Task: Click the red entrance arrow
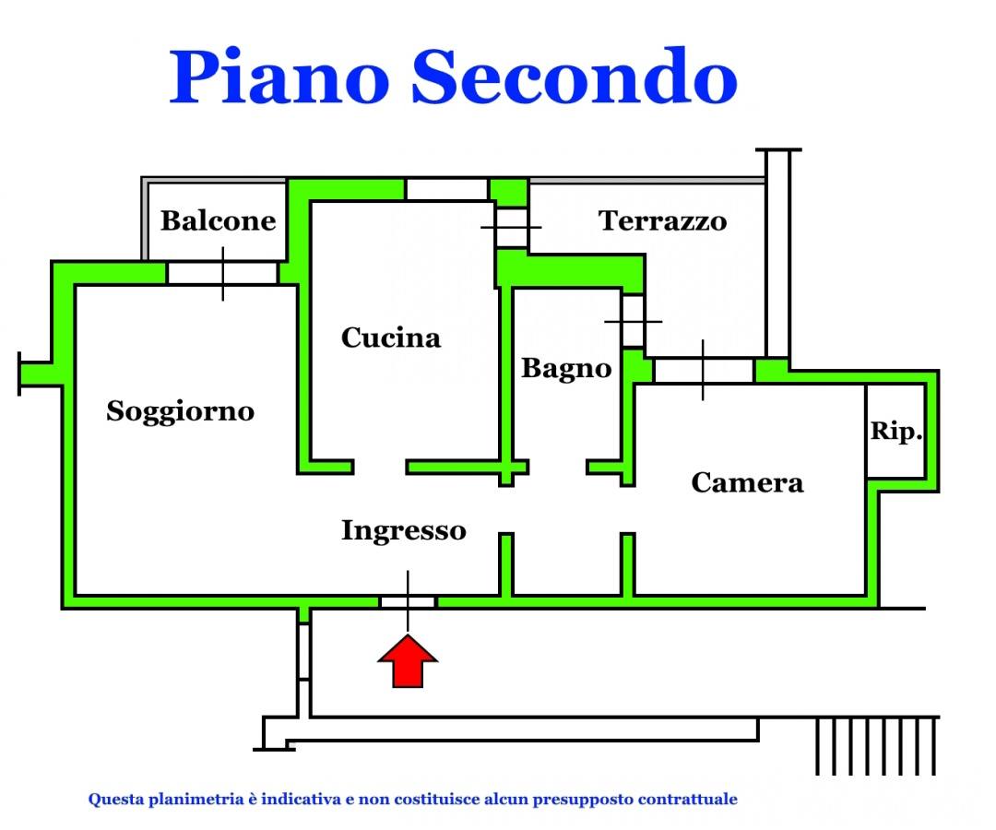coord(408,660)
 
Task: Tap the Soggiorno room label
coord(180,410)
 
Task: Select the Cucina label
coord(391,338)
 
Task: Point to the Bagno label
coord(566,369)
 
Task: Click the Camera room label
coord(747,482)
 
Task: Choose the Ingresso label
coord(404,530)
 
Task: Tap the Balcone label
coord(219,221)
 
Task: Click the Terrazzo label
coord(663,221)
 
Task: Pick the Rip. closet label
coord(896,432)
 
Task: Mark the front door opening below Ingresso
coord(408,601)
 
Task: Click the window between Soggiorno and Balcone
coord(222,273)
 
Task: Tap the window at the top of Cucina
coord(446,189)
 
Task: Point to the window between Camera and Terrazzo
coord(703,371)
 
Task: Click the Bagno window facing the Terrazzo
coord(633,321)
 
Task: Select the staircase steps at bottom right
coord(876,745)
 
